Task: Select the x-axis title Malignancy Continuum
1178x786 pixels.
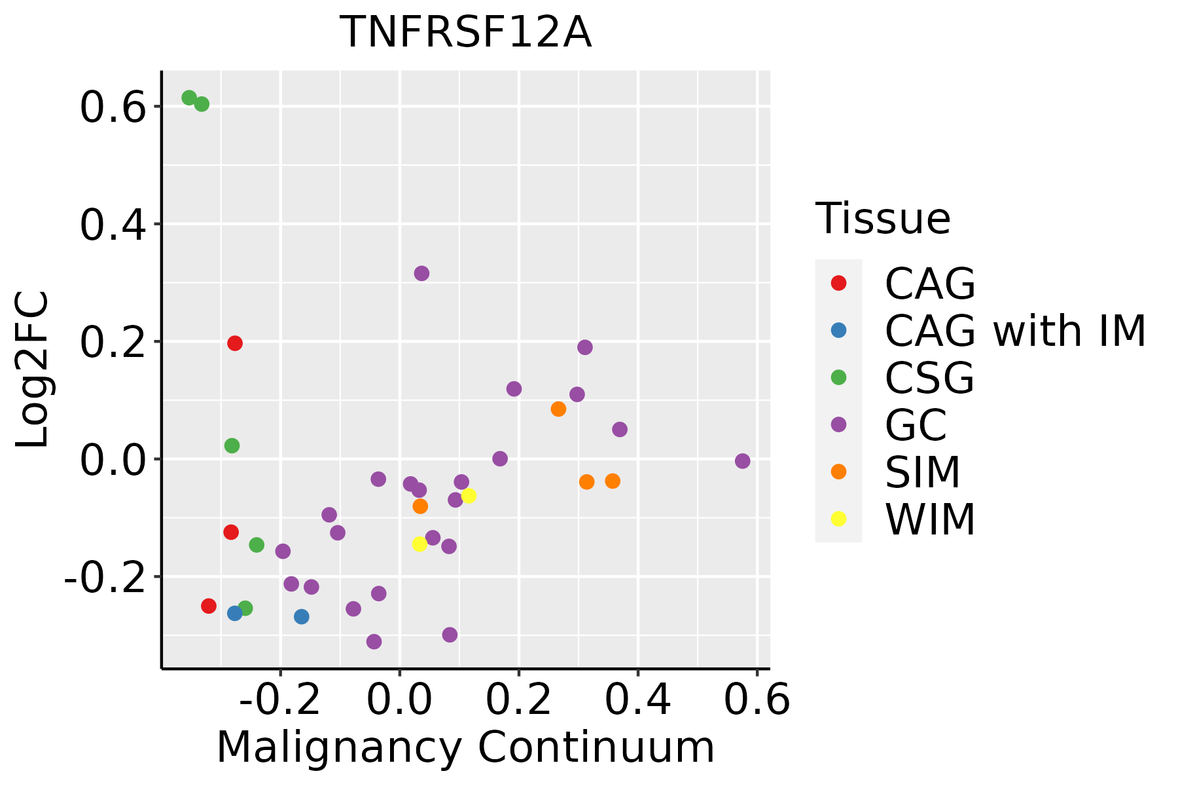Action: tap(465, 747)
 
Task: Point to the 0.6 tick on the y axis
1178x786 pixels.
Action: tap(112, 107)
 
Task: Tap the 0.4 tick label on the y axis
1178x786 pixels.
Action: tap(112, 225)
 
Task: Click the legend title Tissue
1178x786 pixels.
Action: tap(883, 219)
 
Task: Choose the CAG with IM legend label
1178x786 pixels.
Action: tap(1015, 331)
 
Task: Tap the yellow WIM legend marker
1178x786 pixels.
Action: tap(838, 519)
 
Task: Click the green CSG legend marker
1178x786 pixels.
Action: tap(838, 377)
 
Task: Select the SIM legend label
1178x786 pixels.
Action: tap(922, 472)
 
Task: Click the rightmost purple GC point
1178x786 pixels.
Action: tap(742, 461)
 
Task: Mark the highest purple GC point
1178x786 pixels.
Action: tap(421, 273)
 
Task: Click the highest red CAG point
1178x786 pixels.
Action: tap(235, 343)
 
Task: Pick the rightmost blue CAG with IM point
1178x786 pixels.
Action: tap(302, 616)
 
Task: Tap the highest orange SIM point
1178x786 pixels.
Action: tap(558, 409)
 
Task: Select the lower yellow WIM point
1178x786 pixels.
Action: tap(419, 544)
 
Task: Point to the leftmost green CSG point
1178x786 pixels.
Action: tap(189, 98)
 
